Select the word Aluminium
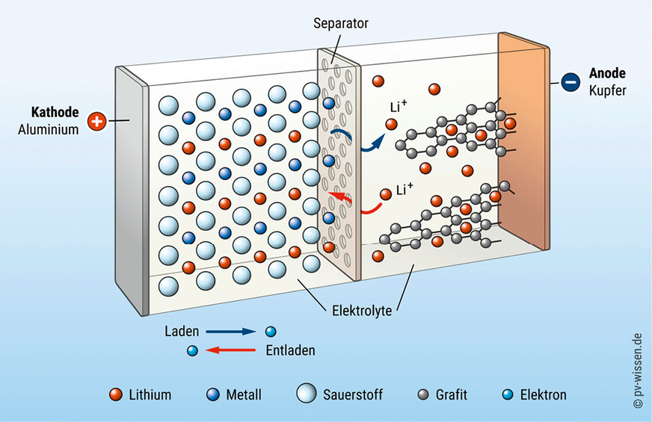tap(49, 130)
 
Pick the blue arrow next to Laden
tap(232, 331)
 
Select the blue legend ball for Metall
tap(212, 394)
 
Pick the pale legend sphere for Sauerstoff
tap(307, 394)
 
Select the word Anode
tap(607, 74)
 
